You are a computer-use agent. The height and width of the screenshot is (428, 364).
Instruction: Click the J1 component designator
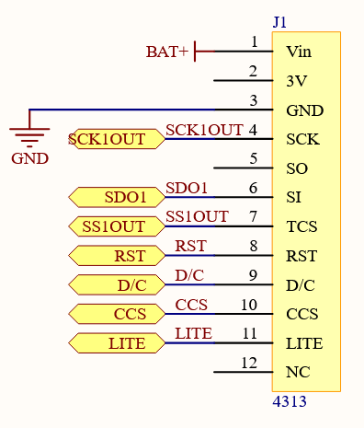coord(280,21)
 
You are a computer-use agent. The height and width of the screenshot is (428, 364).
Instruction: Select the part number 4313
coord(290,402)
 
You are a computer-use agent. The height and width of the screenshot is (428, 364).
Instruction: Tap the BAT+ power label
coord(166,52)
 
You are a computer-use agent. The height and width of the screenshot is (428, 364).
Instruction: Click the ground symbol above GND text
coord(29,134)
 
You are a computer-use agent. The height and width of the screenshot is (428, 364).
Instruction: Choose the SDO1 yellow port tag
coord(116,197)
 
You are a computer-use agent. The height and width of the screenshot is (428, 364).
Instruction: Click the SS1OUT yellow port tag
coord(116,226)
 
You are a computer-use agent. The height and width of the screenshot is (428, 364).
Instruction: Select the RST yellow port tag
coord(116,256)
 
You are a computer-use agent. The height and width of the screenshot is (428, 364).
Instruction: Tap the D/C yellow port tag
coord(116,285)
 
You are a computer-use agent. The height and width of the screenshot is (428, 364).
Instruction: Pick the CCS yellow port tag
coord(116,315)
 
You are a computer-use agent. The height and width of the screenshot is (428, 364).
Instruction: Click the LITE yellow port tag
coord(116,344)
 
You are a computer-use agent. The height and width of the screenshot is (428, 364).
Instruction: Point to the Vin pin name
coord(299,52)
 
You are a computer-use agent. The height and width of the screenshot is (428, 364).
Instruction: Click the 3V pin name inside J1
coord(295,81)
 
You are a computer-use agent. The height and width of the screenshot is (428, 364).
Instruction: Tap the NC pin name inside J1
coord(297,374)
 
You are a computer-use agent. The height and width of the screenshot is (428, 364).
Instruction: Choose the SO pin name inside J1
coord(296,168)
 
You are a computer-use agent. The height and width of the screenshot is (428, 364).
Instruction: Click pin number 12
coord(249,363)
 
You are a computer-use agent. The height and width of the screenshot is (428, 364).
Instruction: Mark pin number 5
coord(253,158)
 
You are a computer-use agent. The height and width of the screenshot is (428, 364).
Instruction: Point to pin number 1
coord(254,41)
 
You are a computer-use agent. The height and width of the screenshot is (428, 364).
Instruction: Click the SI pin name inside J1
coord(293,197)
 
